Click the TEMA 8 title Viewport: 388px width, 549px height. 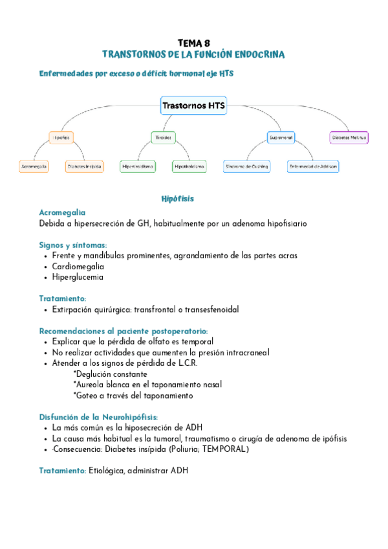pyautogui.click(x=193, y=42)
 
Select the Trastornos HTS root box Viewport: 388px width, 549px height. pyautogui.click(x=193, y=105)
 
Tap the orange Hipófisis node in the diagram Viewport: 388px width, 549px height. pyautogui.click(x=61, y=137)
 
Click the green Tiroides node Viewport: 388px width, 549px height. pyautogui.click(x=162, y=137)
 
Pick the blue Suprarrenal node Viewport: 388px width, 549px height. pyautogui.click(x=281, y=137)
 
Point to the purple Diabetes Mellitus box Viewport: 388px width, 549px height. pyautogui.click(x=349, y=137)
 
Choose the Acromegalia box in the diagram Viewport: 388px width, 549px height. pyautogui.click(x=34, y=166)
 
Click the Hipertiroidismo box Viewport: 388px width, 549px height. pyautogui.click(x=138, y=166)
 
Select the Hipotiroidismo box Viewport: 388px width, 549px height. pyautogui.click(x=189, y=166)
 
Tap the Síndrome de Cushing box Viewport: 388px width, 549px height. pyautogui.click(x=246, y=166)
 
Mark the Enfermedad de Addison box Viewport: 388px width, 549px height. pyautogui.click(x=314, y=166)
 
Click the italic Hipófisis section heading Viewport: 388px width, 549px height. pyautogui.click(x=177, y=198)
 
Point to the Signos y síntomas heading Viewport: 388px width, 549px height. pyautogui.click(x=72, y=245)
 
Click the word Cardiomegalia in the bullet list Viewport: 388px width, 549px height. pyautogui.click(x=78, y=266)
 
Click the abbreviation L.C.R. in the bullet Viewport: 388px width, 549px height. pyautogui.click(x=184, y=363)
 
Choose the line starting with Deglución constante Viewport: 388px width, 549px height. pyautogui.click(x=110, y=374)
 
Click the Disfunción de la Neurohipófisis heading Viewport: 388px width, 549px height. pyautogui.click(x=98, y=417)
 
